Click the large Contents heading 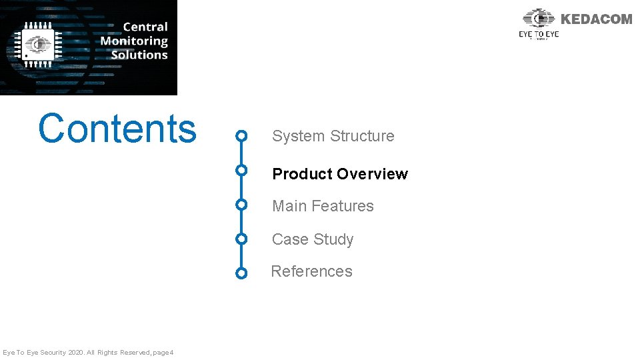(x=117, y=129)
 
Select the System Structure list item (x=333, y=136)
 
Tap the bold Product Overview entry (x=339, y=174)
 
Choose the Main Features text (x=323, y=206)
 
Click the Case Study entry (x=312, y=239)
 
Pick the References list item (x=311, y=271)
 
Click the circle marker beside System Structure (x=242, y=137)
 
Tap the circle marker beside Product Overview (x=242, y=170)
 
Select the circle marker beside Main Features (x=242, y=204)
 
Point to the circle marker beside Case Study (x=242, y=239)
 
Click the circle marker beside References (x=242, y=273)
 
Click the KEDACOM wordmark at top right (x=596, y=19)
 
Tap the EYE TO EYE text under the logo (x=539, y=34)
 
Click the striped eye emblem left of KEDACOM (x=539, y=18)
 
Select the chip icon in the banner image (x=39, y=43)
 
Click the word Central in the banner (x=145, y=27)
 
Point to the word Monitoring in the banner (x=134, y=41)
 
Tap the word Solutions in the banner (x=139, y=55)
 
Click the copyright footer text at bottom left (x=88, y=352)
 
